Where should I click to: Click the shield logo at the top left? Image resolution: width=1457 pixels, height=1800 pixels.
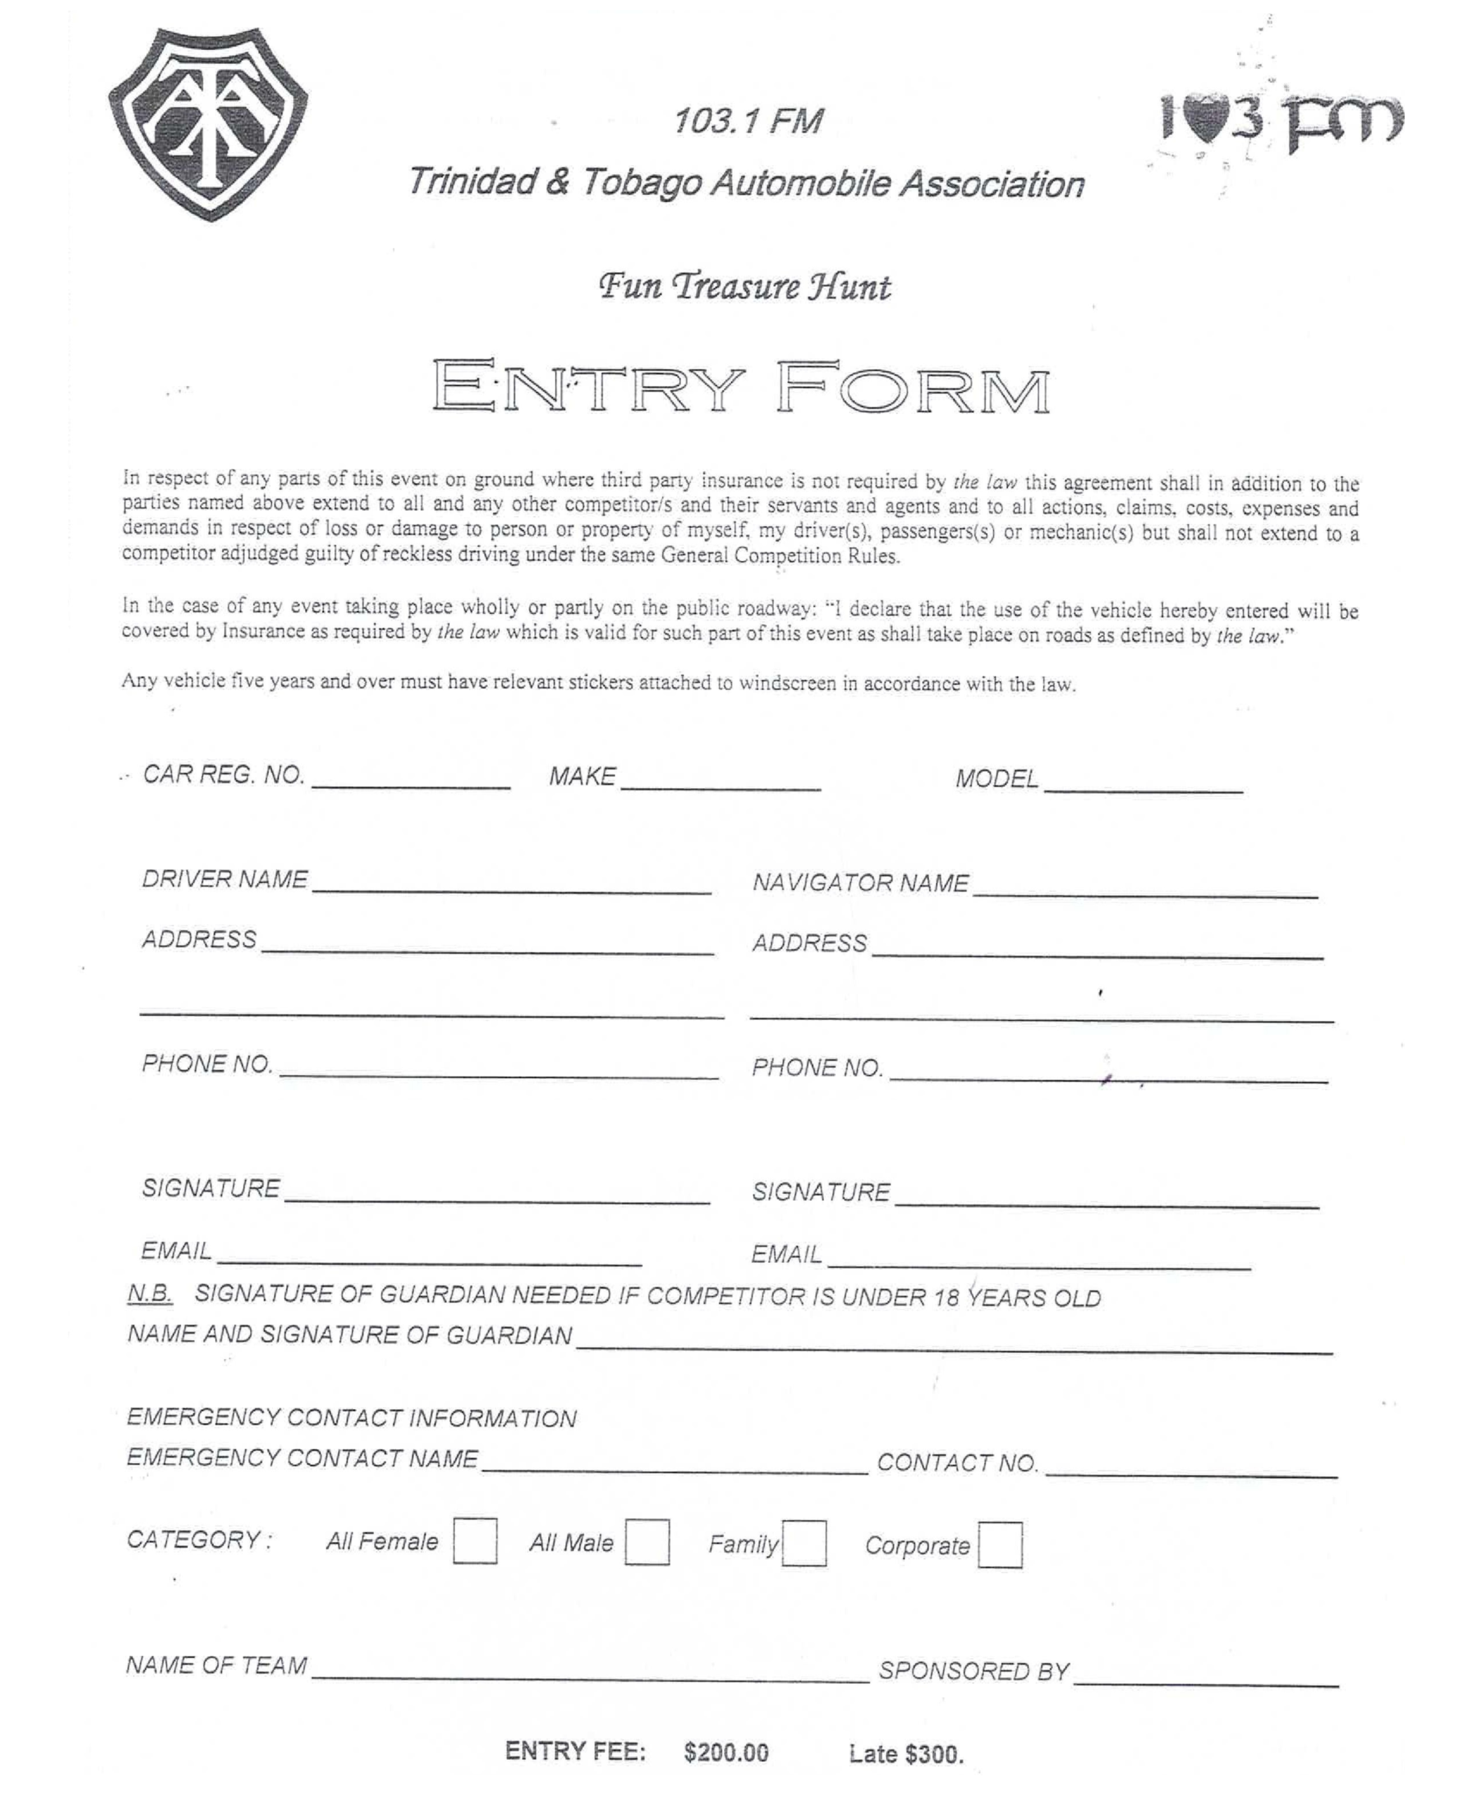pos(208,124)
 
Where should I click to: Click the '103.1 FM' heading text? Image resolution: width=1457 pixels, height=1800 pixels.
pos(747,122)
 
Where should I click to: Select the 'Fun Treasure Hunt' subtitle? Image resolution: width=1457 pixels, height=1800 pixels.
pos(744,287)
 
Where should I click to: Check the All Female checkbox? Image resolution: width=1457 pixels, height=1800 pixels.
pos(474,1541)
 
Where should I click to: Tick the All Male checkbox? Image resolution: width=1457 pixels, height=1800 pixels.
pos(647,1542)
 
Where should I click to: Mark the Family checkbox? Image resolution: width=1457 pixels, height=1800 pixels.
pos(804,1544)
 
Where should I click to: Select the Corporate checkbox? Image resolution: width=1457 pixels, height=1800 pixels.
pos(999,1545)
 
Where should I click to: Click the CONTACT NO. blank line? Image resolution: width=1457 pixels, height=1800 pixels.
pos(1191,1468)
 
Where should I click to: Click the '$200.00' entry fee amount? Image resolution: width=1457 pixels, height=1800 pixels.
pos(726,1752)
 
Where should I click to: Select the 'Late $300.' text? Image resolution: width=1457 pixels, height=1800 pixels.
pos(905,1754)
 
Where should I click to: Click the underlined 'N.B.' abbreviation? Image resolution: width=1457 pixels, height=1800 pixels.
pos(150,1294)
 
